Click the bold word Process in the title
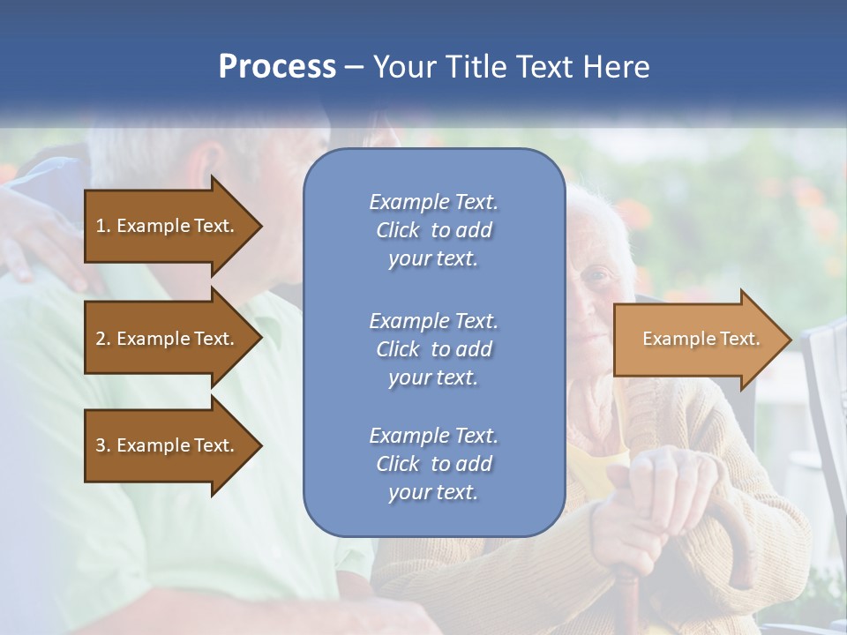tap(277, 67)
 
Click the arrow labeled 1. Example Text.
tap(168, 226)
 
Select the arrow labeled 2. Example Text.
tap(168, 339)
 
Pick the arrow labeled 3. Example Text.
tap(168, 445)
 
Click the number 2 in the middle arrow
tap(101, 339)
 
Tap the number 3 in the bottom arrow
tap(101, 445)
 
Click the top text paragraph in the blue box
tap(433, 230)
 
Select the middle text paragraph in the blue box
tap(433, 349)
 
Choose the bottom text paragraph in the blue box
tap(433, 464)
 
